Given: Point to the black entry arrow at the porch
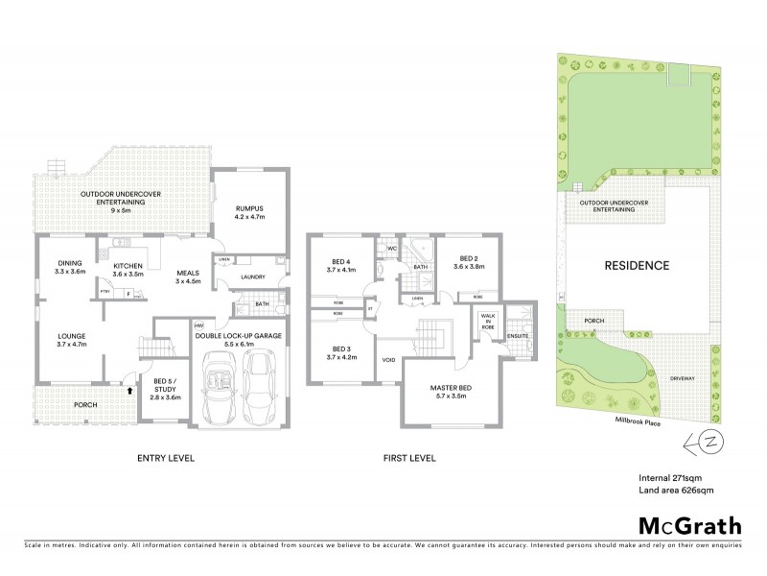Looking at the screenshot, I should (x=128, y=390).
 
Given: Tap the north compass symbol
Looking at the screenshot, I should (x=703, y=442).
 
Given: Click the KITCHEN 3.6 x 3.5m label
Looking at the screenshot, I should (x=128, y=269).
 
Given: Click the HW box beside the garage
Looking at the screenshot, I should (x=199, y=324).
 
